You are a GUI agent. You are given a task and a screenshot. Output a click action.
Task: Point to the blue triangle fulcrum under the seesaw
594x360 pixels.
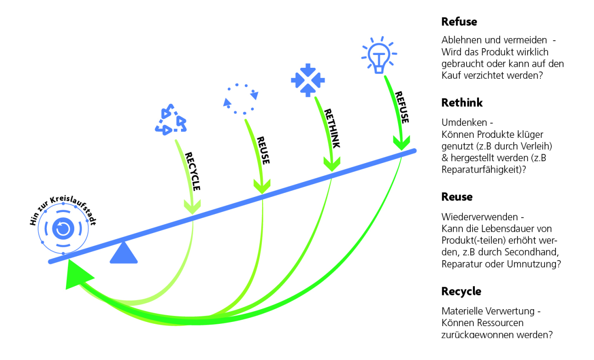(x=123, y=253)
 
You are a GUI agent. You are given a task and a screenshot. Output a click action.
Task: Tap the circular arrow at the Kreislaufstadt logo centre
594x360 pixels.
(x=62, y=228)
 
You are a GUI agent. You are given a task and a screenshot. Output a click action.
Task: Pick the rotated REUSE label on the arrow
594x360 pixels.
(x=263, y=150)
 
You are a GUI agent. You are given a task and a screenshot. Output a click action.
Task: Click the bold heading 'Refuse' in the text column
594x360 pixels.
(x=459, y=22)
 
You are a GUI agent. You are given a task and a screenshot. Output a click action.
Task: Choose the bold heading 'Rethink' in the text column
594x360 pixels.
(x=462, y=103)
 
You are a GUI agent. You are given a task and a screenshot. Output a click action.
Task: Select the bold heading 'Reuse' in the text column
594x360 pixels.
(x=456, y=196)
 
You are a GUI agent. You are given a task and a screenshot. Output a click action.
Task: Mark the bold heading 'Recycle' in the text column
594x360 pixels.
(x=461, y=291)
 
